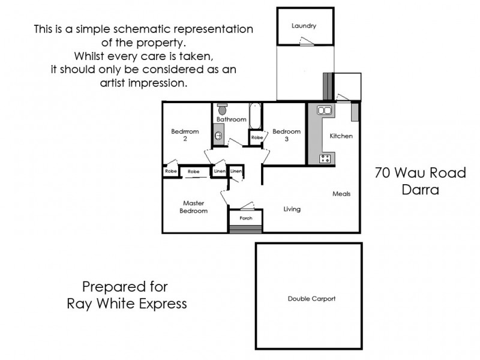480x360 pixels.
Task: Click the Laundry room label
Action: point(304,26)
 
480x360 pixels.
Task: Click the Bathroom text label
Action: point(232,119)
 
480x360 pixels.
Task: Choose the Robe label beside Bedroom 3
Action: point(256,137)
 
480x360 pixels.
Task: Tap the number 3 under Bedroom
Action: point(287,139)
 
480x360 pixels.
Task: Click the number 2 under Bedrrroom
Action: point(185,139)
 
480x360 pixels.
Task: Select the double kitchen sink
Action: point(325,110)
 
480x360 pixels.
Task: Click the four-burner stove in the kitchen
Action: point(325,158)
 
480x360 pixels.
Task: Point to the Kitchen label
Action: point(341,136)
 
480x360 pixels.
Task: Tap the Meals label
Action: point(341,194)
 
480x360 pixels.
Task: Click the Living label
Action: point(292,209)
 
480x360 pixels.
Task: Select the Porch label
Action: point(246,218)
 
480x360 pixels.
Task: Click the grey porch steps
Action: point(246,229)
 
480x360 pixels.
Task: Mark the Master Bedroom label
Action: point(194,207)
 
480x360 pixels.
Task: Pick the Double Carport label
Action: point(311,298)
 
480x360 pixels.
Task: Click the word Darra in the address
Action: point(420,190)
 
